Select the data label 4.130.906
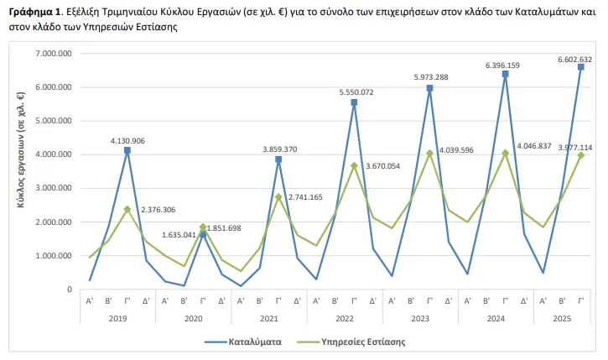[127, 141]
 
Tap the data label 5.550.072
[354, 91]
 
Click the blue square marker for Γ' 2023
[429, 88]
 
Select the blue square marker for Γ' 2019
[127, 150]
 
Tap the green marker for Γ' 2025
[580, 155]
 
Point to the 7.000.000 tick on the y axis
[51, 53]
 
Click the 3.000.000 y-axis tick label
[51, 188]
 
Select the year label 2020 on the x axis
[193, 318]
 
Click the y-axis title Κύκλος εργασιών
[19, 171]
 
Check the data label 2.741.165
[316, 196]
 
